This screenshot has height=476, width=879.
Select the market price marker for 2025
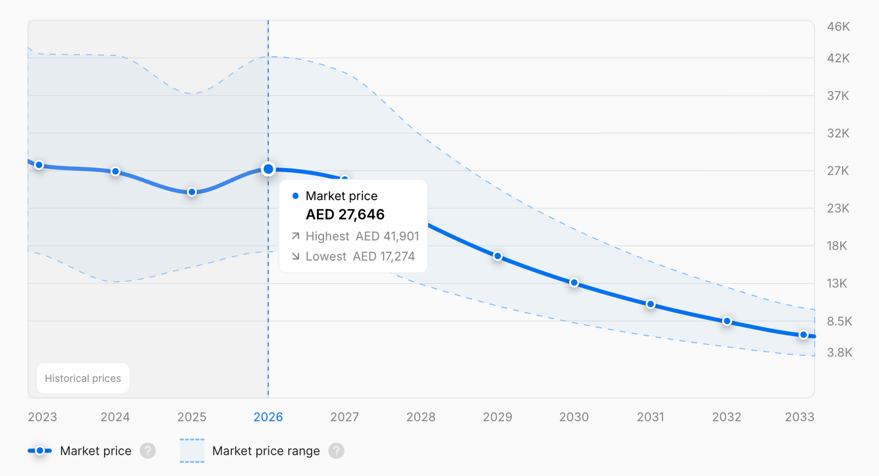click(192, 192)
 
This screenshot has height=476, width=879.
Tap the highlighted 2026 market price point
click(268, 169)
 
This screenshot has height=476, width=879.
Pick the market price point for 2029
click(498, 256)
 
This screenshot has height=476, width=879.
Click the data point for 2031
click(651, 304)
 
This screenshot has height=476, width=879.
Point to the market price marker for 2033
click(804, 335)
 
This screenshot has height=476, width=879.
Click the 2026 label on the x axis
click(268, 417)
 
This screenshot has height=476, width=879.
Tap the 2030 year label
click(574, 417)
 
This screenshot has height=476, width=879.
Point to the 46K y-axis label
click(838, 27)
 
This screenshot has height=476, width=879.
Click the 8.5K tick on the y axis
click(839, 321)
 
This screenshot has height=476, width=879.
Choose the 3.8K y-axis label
click(839, 352)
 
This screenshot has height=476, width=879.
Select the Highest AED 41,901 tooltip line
click(355, 236)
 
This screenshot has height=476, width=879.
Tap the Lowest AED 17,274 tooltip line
click(353, 256)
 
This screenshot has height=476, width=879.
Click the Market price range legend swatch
click(192, 451)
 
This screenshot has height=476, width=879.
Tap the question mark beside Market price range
click(336, 451)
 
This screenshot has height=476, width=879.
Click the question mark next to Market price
click(148, 451)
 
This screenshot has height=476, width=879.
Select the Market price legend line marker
click(40, 451)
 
